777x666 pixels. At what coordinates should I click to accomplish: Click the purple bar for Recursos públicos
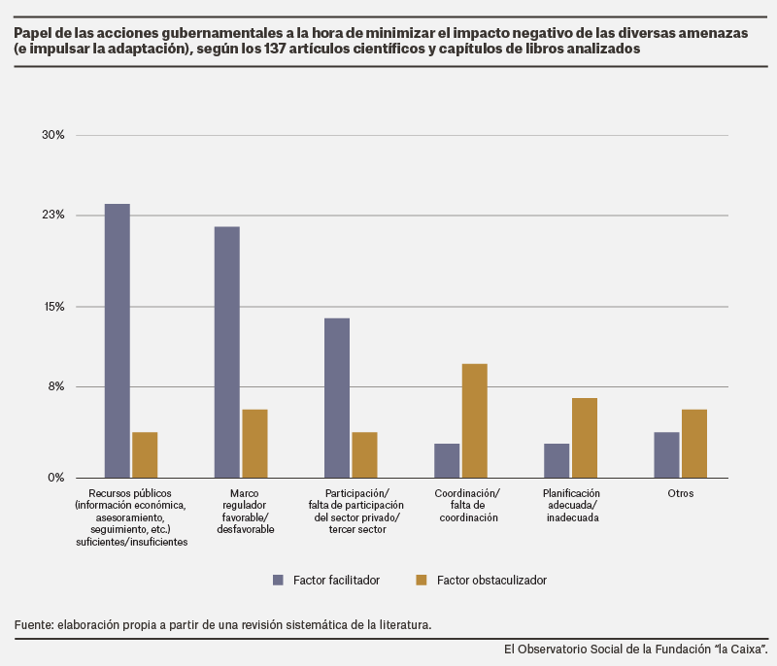point(118,341)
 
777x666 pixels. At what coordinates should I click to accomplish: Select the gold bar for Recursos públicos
point(145,455)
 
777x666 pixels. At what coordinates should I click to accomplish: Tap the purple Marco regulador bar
point(227,352)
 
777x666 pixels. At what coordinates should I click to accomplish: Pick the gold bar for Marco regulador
point(254,444)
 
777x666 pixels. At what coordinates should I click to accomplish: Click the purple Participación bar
point(337,398)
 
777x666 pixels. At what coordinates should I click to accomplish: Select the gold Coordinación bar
point(475,421)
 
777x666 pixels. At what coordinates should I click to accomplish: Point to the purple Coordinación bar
point(447,460)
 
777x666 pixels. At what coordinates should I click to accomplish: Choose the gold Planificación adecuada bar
point(585,438)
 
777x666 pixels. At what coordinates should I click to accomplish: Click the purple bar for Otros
point(666,455)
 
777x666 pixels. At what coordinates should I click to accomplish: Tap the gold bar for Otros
point(694,444)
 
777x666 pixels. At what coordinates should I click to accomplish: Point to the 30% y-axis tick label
point(53,135)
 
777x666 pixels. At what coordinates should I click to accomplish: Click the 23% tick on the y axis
point(53,215)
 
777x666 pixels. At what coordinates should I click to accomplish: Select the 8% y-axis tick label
point(56,386)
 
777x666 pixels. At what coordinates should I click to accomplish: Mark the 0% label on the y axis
point(56,478)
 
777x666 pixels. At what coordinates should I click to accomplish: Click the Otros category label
point(681,493)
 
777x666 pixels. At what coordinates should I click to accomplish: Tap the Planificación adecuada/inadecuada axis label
point(571,505)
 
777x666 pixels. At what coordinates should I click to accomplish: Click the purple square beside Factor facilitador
point(278,580)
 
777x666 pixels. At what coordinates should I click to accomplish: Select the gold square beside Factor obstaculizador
point(422,580)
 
